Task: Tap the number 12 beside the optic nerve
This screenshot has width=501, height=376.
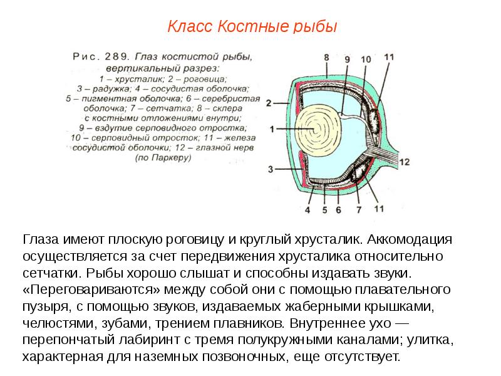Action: click(404, 162)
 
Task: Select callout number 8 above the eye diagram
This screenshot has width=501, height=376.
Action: click(326, 58)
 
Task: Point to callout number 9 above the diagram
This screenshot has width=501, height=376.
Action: click(348, 59)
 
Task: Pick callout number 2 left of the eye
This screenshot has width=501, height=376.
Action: click(269, 102)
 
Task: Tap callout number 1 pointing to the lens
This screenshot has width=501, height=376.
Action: click(272, 129)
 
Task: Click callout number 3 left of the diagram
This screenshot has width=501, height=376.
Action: click(271, 169)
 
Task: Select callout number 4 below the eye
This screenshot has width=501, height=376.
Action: click(307, 210)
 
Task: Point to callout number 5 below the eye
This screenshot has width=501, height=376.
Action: click(324, 210)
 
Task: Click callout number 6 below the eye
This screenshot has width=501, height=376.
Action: click(338, 210)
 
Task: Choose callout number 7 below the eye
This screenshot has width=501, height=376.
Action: click(359, 210)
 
